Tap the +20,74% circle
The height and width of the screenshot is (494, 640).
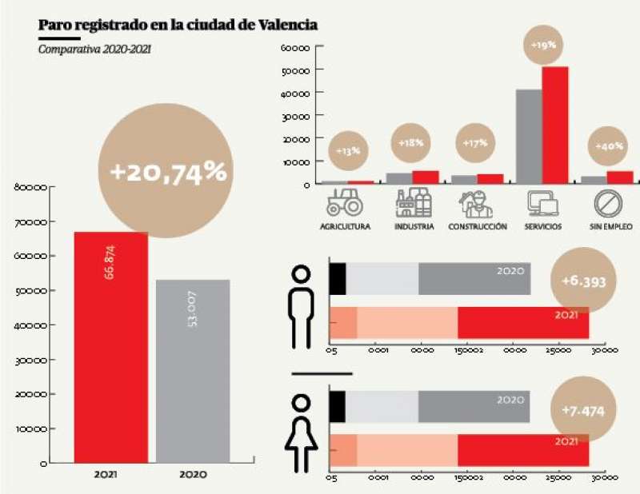click(x=167, y=171)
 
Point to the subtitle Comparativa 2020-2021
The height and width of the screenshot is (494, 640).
click(x=95, y=50)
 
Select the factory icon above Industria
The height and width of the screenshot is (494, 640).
click(x=414, y=202)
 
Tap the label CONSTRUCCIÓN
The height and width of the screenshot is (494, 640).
click(x=478, y=227)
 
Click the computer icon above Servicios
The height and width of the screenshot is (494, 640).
click(x=542, y=202)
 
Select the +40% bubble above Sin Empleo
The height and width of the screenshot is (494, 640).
click(x=609, y=147)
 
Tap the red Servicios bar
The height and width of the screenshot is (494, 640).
click(x=555, y=125)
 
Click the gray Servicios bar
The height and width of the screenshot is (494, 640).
click(x=529, y=136)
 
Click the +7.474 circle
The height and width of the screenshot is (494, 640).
click(x=583, y=410)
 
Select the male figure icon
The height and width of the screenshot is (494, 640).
click(x=302, y=306)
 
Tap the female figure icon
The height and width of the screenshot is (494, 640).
click(x=302, y=432)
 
